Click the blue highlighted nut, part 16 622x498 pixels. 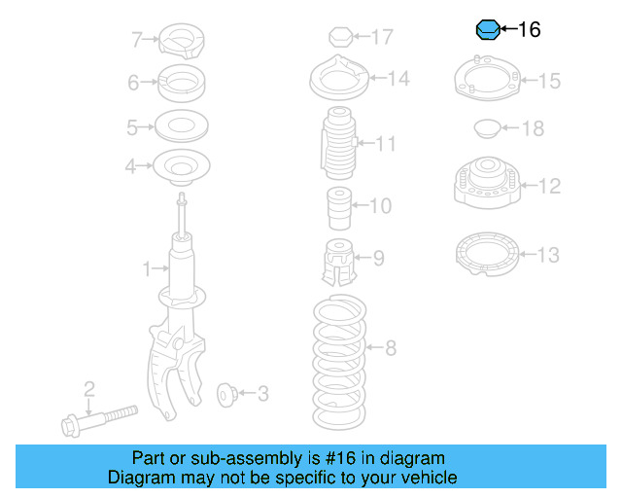pos(487,30)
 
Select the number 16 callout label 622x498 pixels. pos(529,30)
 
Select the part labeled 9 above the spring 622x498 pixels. pos(336,259)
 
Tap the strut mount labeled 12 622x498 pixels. pos(482,185)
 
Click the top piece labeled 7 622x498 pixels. pos(181,40)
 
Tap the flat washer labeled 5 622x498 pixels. pos(181,126)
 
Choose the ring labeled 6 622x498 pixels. pos(181,83)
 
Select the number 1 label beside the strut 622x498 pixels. pos(148,267)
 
